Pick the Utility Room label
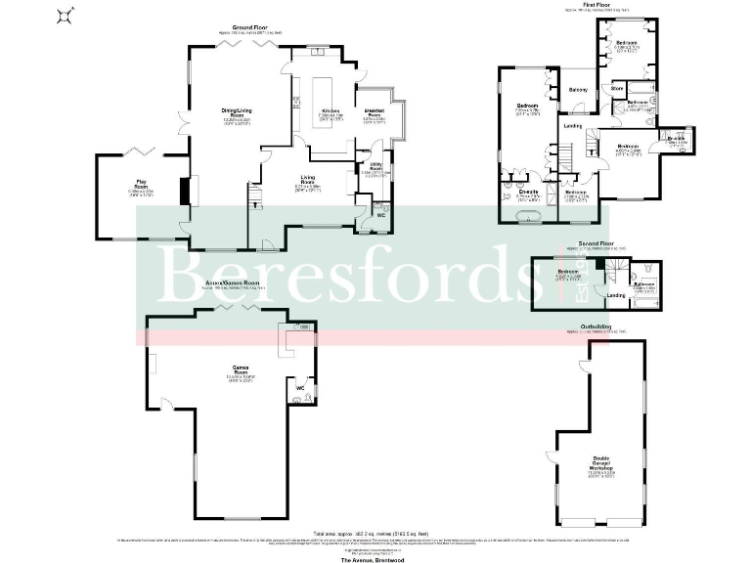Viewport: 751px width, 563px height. click(x=374, y=168)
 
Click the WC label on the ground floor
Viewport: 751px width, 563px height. click(x=381, y=215)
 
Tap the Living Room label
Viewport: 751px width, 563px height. click(x=307, y=181)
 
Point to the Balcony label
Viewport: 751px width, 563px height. click(x=578, y=91)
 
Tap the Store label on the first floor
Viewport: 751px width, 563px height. click(x=617, y=89)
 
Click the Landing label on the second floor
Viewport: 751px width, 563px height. click(x=616, y=295)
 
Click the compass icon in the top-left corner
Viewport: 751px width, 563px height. click(x=66, y=15)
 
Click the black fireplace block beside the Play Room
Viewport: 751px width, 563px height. click(x=184, y=191)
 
